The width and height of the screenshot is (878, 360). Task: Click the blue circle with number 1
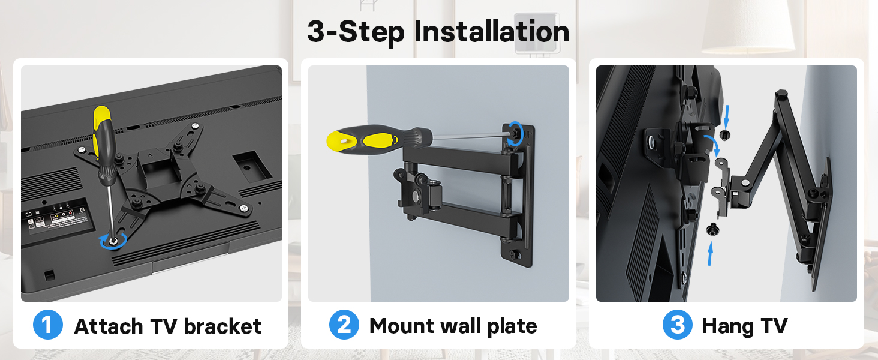(48, 325)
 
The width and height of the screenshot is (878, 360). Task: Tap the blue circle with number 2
(344, 325)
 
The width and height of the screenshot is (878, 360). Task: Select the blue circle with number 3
(677, 325)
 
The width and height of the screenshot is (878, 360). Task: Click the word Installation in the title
(492, 32)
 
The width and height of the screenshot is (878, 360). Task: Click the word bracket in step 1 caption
(222, 326)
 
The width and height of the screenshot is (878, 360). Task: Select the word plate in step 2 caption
(512, 327)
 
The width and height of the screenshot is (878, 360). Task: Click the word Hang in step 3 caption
(727, 327)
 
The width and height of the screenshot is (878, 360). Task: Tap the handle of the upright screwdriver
(103, 138)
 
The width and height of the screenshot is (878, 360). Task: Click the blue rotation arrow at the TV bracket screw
(113, 241)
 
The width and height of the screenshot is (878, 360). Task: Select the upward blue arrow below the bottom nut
(710, 254)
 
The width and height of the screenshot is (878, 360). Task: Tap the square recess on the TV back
(252, 167)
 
